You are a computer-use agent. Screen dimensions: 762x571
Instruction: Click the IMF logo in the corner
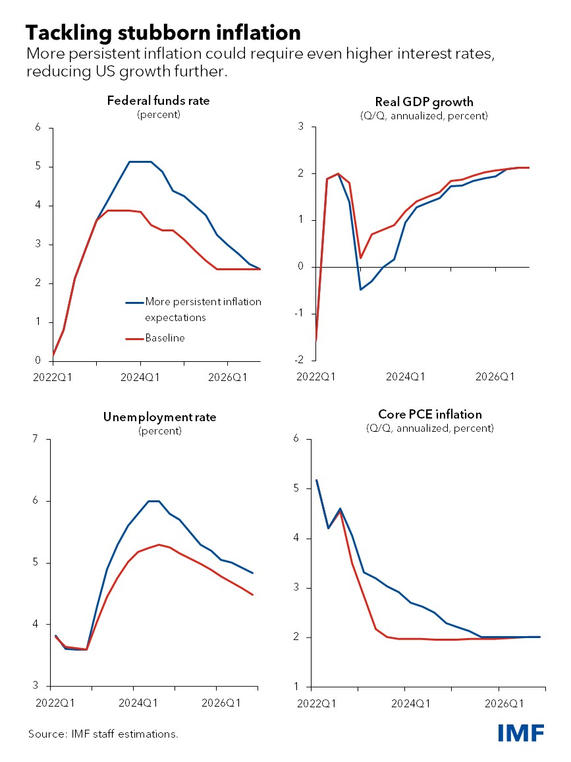point(521,732)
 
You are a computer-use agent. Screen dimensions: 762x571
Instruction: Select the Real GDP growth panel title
point(424,102)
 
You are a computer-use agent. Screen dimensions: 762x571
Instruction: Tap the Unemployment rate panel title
point(159,417)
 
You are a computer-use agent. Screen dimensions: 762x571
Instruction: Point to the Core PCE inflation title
point(429,415)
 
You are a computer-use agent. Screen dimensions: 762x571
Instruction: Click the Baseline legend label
point(165,337)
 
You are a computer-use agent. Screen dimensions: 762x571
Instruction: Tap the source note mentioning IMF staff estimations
point(103,734)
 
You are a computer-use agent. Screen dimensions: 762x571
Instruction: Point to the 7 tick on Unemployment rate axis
point(36,439)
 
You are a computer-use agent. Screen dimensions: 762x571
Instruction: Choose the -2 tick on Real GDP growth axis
point(300,360)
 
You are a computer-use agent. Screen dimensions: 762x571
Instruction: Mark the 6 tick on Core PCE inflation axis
point(296,439)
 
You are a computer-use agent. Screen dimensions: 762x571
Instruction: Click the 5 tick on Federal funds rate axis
point(38,167)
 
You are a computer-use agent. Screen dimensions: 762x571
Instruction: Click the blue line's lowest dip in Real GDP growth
point(360,289)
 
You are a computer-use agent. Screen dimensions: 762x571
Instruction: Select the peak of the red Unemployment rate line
point(159,544)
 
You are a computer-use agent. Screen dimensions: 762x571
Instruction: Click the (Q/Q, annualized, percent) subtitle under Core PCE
point(429,428)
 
